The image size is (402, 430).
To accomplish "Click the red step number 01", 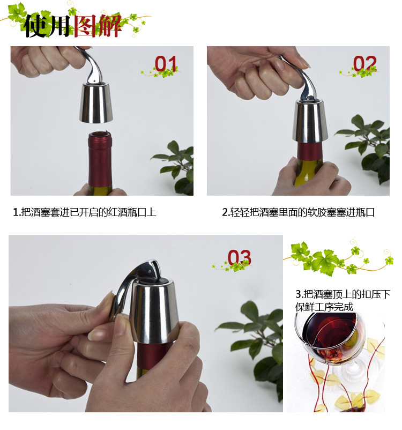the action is tap(165, 63).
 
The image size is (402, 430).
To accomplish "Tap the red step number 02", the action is tap(364, 63).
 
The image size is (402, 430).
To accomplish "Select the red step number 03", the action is tap(240, 257).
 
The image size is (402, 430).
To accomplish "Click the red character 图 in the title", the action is tap(85, 26).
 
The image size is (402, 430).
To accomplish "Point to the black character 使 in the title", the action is tap(35, 26).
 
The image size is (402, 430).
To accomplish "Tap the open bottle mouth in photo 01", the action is tap(100, 135).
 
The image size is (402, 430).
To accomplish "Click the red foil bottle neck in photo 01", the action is tap(100, 159).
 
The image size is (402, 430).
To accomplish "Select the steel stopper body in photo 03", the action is tap(154, 310).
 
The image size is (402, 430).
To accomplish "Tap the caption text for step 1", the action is tap(85, 212).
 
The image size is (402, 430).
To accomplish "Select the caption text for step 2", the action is tap(299, 212).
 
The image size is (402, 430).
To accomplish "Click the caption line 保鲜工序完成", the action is tap(324, 307).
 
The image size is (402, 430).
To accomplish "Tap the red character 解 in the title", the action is tap(110, 26).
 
